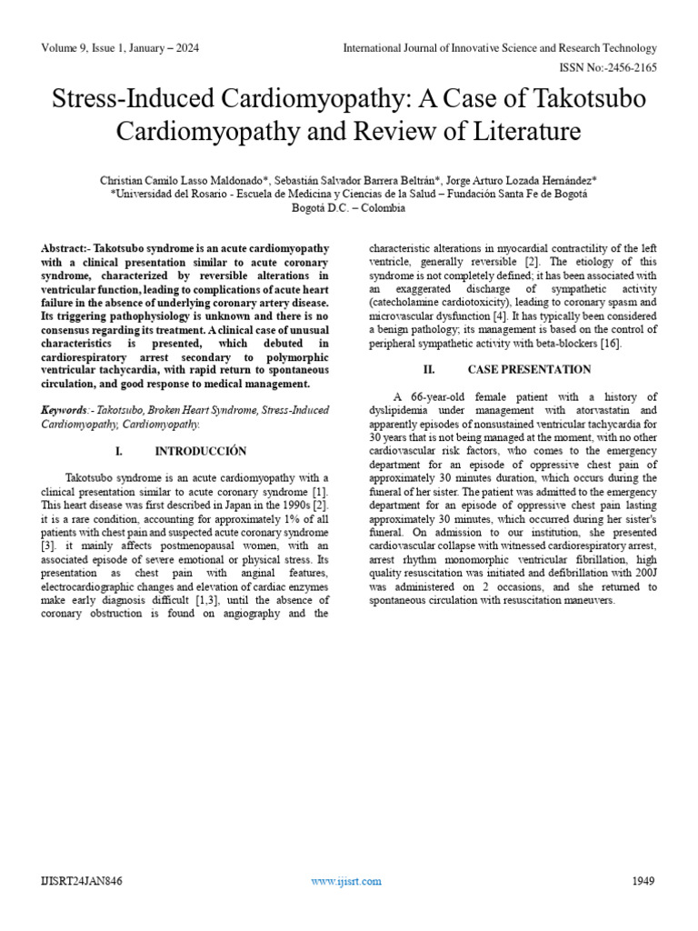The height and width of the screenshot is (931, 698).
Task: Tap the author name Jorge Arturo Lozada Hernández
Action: pos(522,181)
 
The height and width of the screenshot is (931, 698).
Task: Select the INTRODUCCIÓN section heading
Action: pos(201,451)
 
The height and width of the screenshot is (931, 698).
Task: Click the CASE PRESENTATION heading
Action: pos(529,369)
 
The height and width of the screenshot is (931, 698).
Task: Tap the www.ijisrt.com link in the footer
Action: pos(346,880)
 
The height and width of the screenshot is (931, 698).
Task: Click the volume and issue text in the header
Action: pos(120,48)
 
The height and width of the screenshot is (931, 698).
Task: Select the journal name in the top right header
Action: pos(499,48)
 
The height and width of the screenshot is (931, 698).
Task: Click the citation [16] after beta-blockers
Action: pos(611,343)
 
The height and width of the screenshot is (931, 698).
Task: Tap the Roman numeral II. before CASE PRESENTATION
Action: pos(430,369)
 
